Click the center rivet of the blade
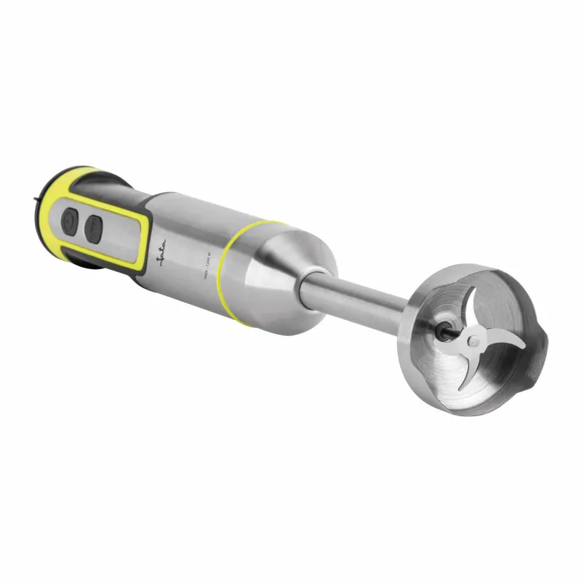pyautogui.click(x=474, y=341)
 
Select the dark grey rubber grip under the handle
pyautogui.click(x=95, y=266)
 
